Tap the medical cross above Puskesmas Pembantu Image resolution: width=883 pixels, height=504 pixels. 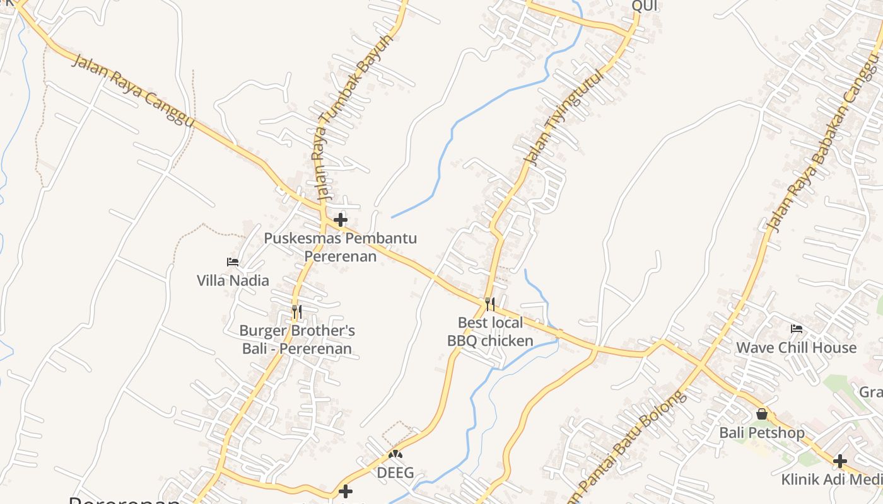(x=341, y=220)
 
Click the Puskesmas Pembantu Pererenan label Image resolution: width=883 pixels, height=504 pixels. (x=341, y=248)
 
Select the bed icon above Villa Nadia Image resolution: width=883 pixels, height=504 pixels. (x=233, y=262)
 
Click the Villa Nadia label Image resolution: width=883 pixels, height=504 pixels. (x=233, y=280)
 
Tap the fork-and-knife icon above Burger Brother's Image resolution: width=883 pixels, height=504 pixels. (x=297, y=311)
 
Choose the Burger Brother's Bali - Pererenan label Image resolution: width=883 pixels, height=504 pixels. (x=297, y=340)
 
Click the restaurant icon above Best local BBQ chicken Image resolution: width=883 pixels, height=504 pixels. (x=490, y=304)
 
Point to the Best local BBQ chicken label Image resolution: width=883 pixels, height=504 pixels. (x=490, y=332)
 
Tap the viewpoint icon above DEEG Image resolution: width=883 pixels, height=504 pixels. (x=395, y=454)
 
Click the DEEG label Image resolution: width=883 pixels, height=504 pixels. (x=395, y=472)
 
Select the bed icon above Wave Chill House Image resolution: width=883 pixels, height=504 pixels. (x=797, y=329)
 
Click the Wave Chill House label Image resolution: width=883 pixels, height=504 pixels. (x=797, y=348)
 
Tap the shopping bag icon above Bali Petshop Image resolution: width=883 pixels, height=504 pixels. (x=762, y=414)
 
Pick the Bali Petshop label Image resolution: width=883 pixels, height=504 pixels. (x=762, y=433)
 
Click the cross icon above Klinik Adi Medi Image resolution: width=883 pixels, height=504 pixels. (x=839, y=461)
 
